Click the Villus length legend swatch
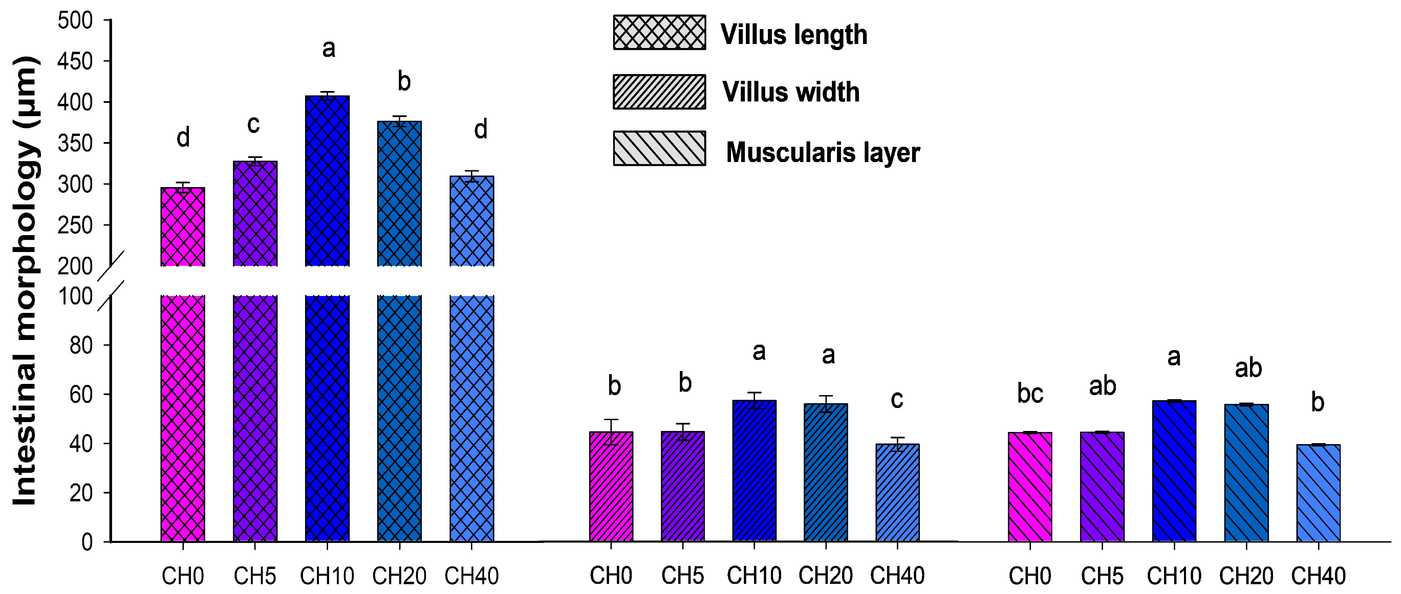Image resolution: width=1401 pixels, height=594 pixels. tap(659, 32)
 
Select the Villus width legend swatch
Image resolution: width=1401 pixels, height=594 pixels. tap(659, 92)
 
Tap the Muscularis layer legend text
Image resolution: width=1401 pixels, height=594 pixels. tap(822, 152)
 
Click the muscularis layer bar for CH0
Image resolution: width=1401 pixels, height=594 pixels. tap(1030, 486)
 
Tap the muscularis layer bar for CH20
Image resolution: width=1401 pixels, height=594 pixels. tap(1246, 473)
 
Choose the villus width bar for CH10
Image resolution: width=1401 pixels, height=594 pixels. tap(754, 471)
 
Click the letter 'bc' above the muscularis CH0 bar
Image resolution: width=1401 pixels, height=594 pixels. tap(1030, 393)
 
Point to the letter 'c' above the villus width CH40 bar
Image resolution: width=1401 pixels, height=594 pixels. tap(897, 399)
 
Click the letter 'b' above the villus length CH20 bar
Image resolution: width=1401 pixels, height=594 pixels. tap(404, 82)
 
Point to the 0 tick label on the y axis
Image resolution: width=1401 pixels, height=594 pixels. tap(87, 542)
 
